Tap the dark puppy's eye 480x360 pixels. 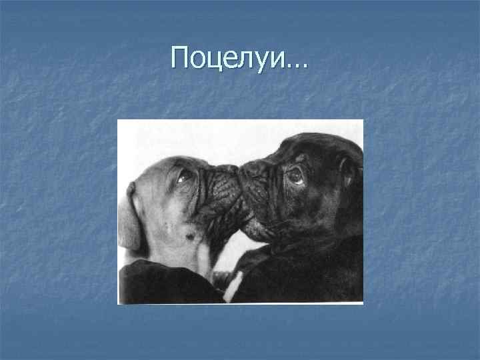point(294,175)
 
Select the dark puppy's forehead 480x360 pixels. point(313,150)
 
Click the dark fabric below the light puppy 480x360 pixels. point(160,283)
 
